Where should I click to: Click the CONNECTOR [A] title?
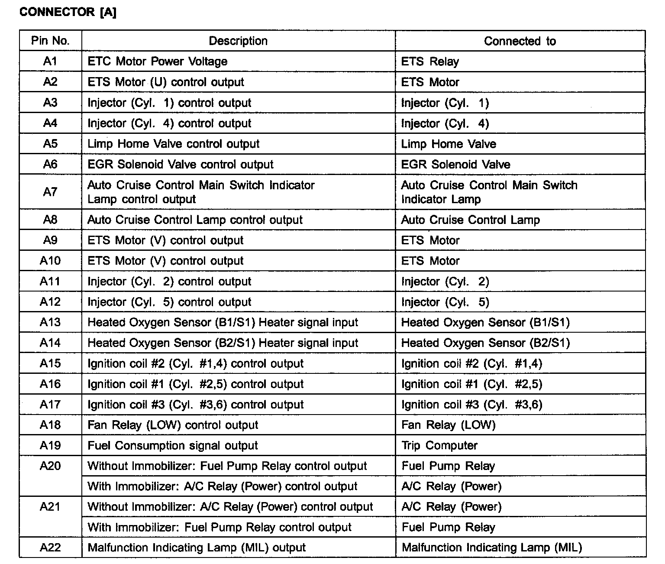[68, 12]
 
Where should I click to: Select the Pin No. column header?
[50, 41]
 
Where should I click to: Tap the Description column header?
[238, 41]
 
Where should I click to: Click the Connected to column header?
[520, 41]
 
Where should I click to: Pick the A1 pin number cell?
[50, 62]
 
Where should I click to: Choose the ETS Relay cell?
[430, 62]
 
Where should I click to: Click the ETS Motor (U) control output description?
[166, 82]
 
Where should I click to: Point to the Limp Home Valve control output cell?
[174, 144]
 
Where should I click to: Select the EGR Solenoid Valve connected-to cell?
[456, 165]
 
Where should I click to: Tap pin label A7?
[50, 192]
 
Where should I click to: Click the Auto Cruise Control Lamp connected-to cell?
[471, 220]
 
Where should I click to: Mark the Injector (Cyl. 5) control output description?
[169, 302]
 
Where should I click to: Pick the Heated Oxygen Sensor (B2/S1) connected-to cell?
[486, 343]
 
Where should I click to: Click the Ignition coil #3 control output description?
[196, 405]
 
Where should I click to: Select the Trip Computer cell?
[439, 446]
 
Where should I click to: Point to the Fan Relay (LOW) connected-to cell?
[449, 425]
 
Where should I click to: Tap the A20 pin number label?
[50, 466]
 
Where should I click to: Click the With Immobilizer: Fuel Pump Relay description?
[220, 528]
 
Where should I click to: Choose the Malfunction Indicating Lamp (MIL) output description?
[197, 548]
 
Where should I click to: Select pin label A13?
[50, 322]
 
